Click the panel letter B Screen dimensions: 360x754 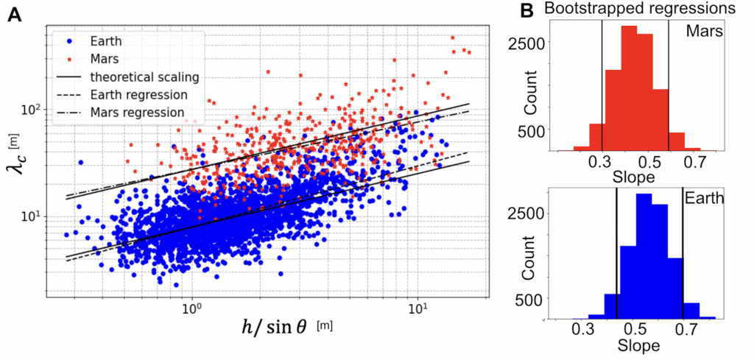coord(526,11)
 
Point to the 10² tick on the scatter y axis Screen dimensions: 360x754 coord(32,110)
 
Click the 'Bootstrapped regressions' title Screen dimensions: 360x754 coord(637,10)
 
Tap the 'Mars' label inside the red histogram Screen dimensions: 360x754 coord(703,32)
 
